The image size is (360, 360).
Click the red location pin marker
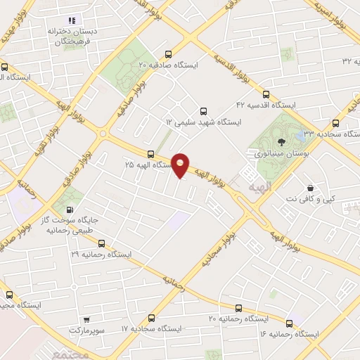coord(181,165)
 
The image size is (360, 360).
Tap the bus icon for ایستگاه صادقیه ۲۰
coord(167,54)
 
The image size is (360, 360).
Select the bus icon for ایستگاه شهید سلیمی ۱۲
coord(204,110)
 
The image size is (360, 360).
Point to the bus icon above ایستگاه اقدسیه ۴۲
coord(265,94)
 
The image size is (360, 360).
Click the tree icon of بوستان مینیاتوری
coord(281,143)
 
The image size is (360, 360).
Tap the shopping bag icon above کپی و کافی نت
coord(311,188)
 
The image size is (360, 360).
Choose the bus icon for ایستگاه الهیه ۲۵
coord(150,154)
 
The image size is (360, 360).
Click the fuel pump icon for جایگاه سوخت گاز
coord(69,209)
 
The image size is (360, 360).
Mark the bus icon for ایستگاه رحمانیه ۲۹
coord(102,243)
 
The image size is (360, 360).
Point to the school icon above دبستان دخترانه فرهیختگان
coord(72,21)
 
